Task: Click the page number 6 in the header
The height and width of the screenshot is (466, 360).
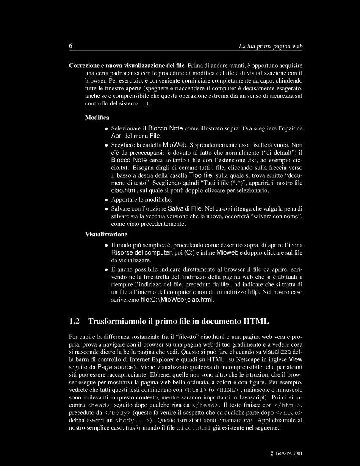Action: [71, 46]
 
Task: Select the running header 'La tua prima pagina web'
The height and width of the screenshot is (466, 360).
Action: [271, 46]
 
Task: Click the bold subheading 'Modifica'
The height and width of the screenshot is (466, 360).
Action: [97, 117]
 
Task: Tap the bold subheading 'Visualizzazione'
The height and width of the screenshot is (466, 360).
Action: [106, 234]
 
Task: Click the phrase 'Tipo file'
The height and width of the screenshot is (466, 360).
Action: [201, 175]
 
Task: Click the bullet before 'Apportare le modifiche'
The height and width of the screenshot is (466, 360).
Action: [106, 200]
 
